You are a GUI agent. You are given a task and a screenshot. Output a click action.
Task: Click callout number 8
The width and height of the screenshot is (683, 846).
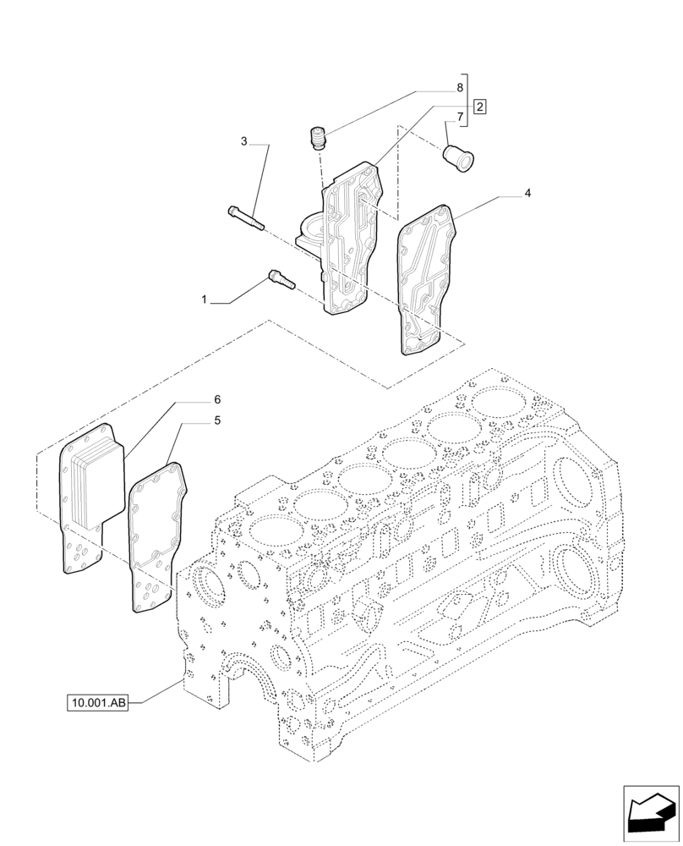[x=460, y=88]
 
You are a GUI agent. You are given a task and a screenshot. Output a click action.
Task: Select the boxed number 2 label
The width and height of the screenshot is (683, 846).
[x=479, y=107]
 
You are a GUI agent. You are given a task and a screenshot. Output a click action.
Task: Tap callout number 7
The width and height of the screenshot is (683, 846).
[x=460, y=117]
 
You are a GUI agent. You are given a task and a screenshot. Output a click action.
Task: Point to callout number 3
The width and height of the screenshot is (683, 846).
[x=244, y=141]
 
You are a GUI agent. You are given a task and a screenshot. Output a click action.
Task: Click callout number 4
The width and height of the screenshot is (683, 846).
[x=527, y=194]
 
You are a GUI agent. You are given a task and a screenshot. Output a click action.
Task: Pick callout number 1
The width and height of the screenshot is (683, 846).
[x=204, y=299]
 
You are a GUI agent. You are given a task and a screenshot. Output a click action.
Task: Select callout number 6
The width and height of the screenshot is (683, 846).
[x=217, y=398]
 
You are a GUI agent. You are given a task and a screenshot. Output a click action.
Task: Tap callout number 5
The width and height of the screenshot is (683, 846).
[x=217, y=420]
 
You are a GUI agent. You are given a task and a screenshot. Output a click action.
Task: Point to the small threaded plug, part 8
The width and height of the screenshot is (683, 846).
[x=318, y=138]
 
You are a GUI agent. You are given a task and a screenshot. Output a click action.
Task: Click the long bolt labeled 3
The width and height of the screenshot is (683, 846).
[x=245, y=217]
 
